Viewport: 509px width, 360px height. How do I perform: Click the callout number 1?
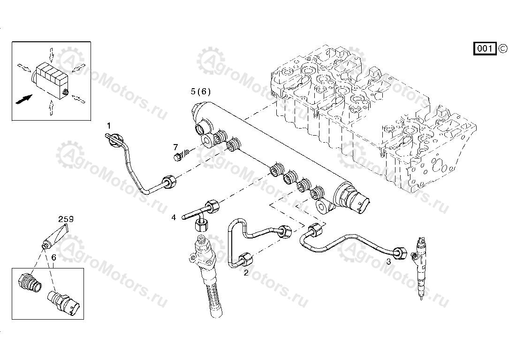click(x=109, y=126)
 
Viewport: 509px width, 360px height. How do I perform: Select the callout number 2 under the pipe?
click(x=246, y=272)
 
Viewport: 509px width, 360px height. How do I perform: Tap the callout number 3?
click(x=388, y=262)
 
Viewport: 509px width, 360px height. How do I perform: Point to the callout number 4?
click(x=174, y=217)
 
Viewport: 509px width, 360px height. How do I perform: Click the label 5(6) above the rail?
click(x=201, y=91)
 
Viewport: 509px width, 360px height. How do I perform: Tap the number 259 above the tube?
click(x=66, y=219)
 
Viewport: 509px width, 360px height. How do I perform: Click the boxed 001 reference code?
click(x=485, y=48)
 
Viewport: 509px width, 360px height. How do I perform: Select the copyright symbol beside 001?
click(x=502, y=48)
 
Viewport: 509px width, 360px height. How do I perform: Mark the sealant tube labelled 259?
click(x=57, y=235)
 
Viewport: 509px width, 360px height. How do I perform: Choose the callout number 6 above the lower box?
click(x=53, y=258)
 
